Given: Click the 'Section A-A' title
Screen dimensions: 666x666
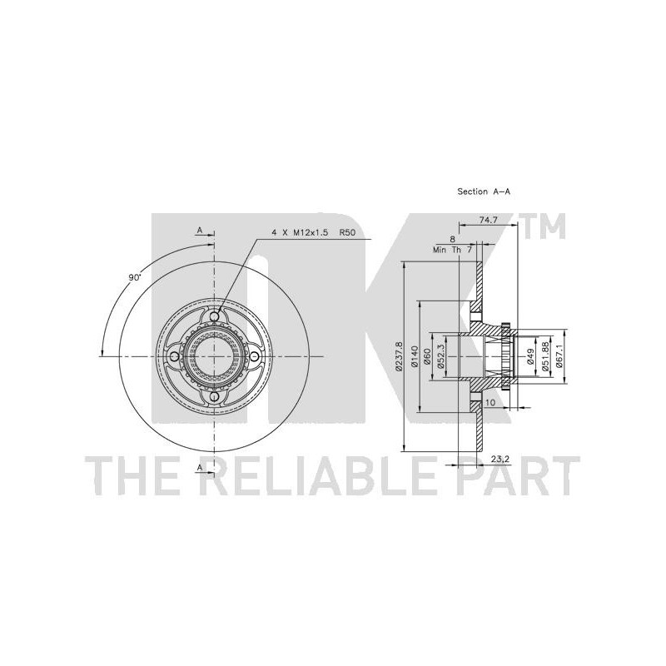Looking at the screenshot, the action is coord(484,191).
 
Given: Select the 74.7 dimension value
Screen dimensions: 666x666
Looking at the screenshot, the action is coord(489,220).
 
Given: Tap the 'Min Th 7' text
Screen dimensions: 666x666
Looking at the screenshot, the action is coord(452,250).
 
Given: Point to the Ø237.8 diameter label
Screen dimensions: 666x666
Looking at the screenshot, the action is coord(399,356).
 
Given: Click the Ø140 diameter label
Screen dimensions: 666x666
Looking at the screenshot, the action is coord(415,356).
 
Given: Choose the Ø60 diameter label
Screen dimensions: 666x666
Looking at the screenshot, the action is coord(428,356).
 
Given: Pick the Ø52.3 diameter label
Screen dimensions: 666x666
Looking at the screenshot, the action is coord(441,356).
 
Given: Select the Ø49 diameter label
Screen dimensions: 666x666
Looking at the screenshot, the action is coord(530,356).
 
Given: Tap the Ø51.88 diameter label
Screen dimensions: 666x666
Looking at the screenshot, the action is coord(546,356).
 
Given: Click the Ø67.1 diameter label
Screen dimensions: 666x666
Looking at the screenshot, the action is coord(559,356).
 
